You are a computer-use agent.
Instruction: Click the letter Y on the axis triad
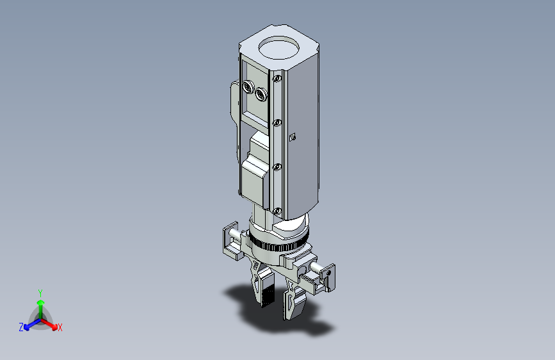click(40, 293)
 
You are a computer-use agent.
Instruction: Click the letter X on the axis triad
click(60, 327)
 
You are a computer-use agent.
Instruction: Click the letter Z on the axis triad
click(21, 327)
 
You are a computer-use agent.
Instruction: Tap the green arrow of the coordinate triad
click(41, 309)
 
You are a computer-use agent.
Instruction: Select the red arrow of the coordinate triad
click(49, 324)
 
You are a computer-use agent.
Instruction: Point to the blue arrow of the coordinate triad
click(32, 324)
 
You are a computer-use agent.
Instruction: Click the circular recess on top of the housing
click(278, 47)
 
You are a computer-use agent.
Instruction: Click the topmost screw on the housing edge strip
click(277, 78)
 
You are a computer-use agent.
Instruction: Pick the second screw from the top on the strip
click(277, 122)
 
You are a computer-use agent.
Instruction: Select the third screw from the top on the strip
click(277, 167)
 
